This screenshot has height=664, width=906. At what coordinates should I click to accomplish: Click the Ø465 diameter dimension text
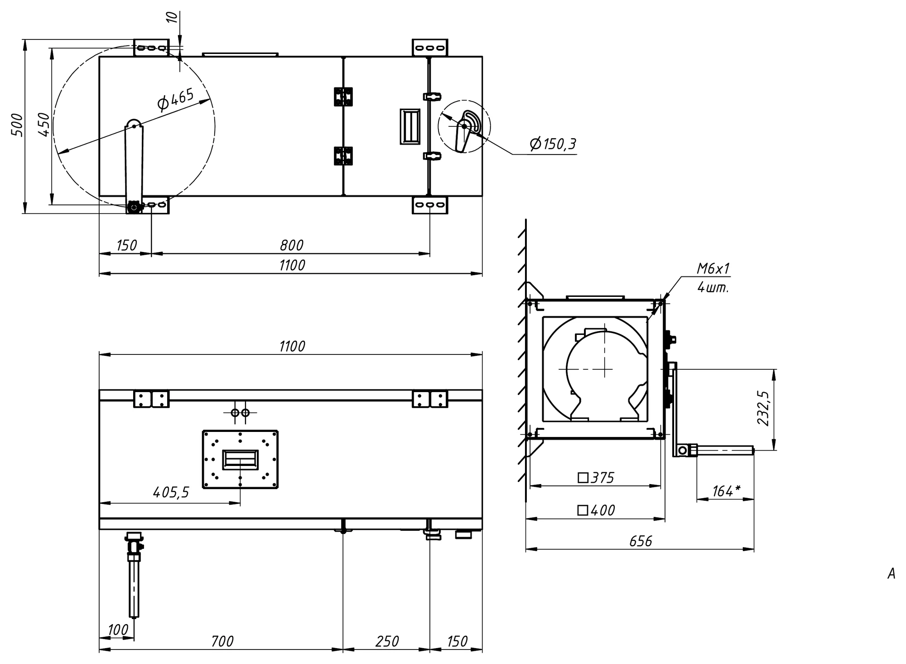pos(176,100)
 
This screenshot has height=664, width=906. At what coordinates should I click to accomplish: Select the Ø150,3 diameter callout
pos(553,144)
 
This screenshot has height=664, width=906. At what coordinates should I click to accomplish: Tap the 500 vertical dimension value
pos(17,125)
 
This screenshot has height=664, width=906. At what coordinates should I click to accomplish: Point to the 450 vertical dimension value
pos(44,125)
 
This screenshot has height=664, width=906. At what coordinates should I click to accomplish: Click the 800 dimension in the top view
pos(291,245)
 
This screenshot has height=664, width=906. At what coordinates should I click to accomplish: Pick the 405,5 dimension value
pos(171,492)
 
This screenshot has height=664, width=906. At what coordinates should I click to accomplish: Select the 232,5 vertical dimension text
pos(764,408)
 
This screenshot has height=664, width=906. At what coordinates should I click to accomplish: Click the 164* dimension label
pos(726,491)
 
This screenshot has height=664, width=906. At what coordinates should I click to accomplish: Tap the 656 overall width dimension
pos(641,541)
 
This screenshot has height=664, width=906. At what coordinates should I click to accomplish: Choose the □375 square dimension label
pos(596,478)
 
